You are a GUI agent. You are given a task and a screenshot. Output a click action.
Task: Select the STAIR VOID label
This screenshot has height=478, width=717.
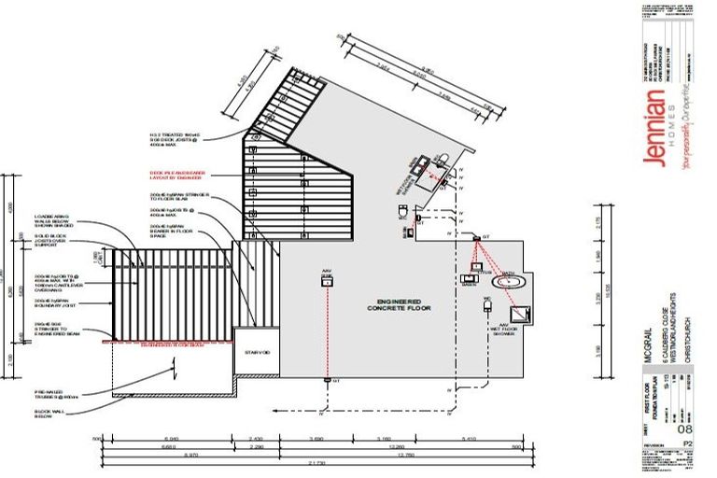pos(257,352)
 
